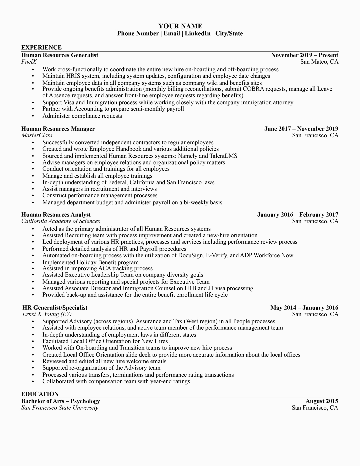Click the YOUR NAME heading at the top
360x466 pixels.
[x=180, y=26]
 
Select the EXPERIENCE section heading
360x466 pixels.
[x=41, y=47]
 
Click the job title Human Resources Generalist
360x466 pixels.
[x=60, y=55]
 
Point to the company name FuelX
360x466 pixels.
[x=29, y=62]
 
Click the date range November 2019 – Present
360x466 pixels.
[x=304, y=55]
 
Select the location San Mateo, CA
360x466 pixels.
[x=319, y=62]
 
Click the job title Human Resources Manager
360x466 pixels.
[x=58, y=129]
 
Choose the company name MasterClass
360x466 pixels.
[x=37, y=135]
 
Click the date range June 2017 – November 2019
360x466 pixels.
[x=301, y=129]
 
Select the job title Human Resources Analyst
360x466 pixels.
[x=56, y=215]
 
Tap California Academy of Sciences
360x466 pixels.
[x=61, y=221]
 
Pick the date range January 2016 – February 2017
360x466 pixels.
[x=297, y=215]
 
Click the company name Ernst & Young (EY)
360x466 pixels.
[x=47, y=314]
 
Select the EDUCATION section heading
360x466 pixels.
[x=40, y=394]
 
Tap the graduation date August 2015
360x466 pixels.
[x=322, y=401]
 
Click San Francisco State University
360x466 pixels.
[x=60, y=408]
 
